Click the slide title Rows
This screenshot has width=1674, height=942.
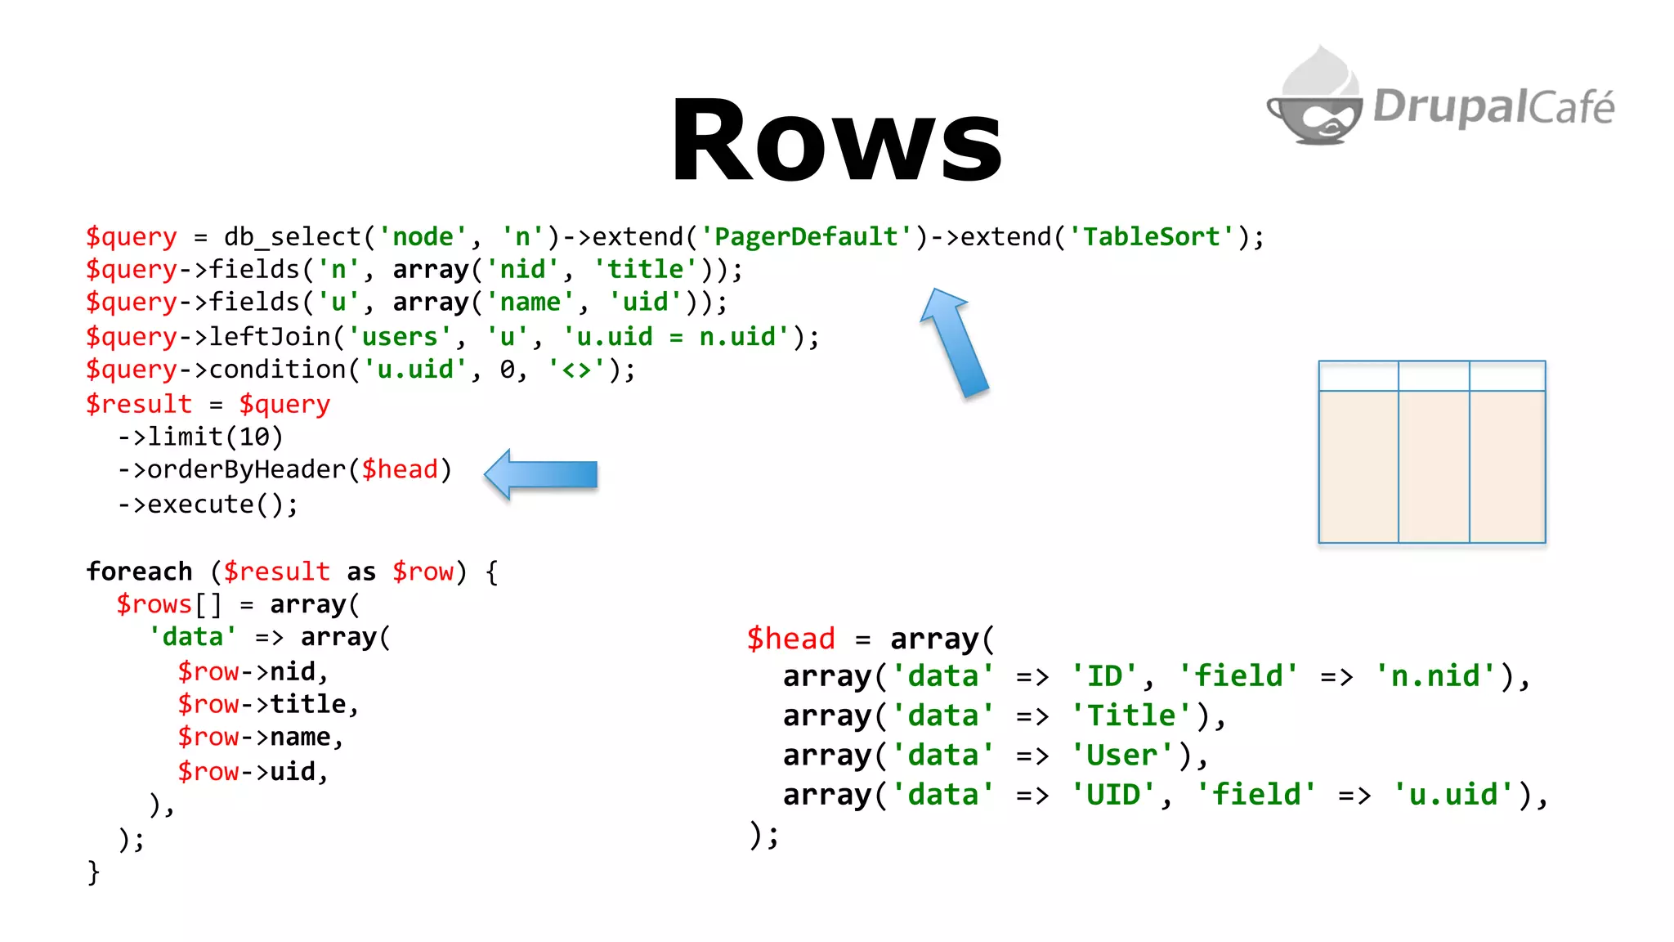click(836, 141)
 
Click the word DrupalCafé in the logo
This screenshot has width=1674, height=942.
click(1493, 107)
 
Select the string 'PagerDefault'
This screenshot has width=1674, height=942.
click(806, 237)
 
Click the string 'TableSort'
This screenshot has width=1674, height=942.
click(1152, 237)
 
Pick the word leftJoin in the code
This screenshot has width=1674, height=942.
click(270, 337)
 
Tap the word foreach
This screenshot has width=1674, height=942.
click(139, 572)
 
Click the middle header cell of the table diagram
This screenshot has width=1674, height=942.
click(1434, 376)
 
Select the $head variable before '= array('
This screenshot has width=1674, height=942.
click(790, 639)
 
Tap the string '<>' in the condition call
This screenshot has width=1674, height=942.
click(576, 370)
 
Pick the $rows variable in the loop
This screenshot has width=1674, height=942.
click(154, 605)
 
